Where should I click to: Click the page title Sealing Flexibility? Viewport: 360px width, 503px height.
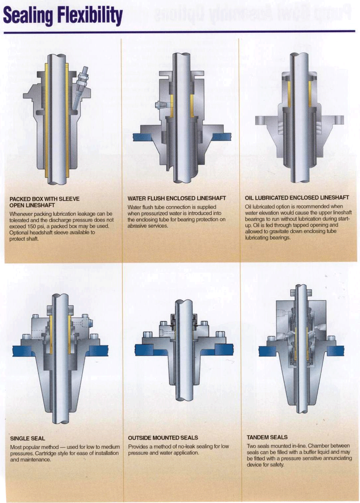[63, 16]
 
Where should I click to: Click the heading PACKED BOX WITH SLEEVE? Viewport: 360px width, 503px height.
[44, 199]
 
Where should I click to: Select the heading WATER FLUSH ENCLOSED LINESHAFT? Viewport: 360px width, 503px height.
[177, 198]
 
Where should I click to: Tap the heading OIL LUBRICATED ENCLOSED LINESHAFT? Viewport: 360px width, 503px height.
[297, 198]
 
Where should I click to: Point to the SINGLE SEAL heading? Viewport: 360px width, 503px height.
[27, 439]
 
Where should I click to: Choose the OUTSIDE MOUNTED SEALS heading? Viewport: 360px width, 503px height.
[163, 438]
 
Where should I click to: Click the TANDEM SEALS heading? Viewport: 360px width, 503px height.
[267, 437]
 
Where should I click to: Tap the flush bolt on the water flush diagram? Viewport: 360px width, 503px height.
[161, 105]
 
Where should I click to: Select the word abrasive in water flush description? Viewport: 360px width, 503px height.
[137, 226]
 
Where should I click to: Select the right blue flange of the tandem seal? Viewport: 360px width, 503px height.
[335, 351]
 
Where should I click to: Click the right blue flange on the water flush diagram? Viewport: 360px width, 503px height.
[222, 136]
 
